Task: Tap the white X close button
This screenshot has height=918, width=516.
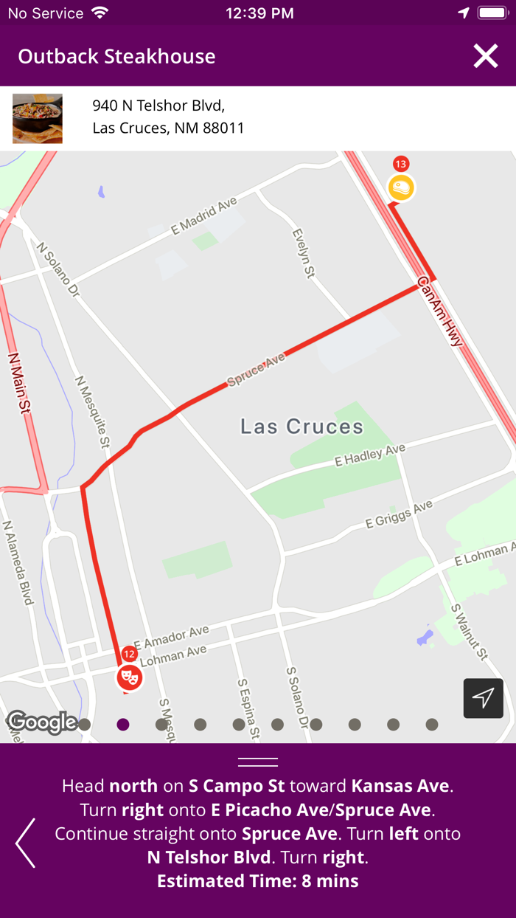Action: point(486,56)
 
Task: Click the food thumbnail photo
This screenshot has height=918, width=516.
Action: point(38,119)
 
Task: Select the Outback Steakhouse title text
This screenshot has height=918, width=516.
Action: point(116,56)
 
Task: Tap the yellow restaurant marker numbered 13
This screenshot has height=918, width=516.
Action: point(401,187)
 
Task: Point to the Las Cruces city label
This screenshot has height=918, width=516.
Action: point(301,426)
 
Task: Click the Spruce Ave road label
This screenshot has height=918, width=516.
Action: point(256,370)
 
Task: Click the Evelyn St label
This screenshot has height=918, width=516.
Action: point(303,253)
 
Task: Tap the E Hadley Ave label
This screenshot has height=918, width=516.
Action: point(370,455)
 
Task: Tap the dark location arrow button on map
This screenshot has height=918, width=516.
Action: point(483,698)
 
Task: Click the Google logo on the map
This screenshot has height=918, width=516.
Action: point(41,722)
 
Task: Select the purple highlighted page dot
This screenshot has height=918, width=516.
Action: point(123,725)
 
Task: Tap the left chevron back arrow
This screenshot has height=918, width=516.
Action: point(25,843)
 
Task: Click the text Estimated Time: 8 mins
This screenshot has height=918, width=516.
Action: point(258,881)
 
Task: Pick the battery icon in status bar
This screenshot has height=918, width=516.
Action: point(492,13)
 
